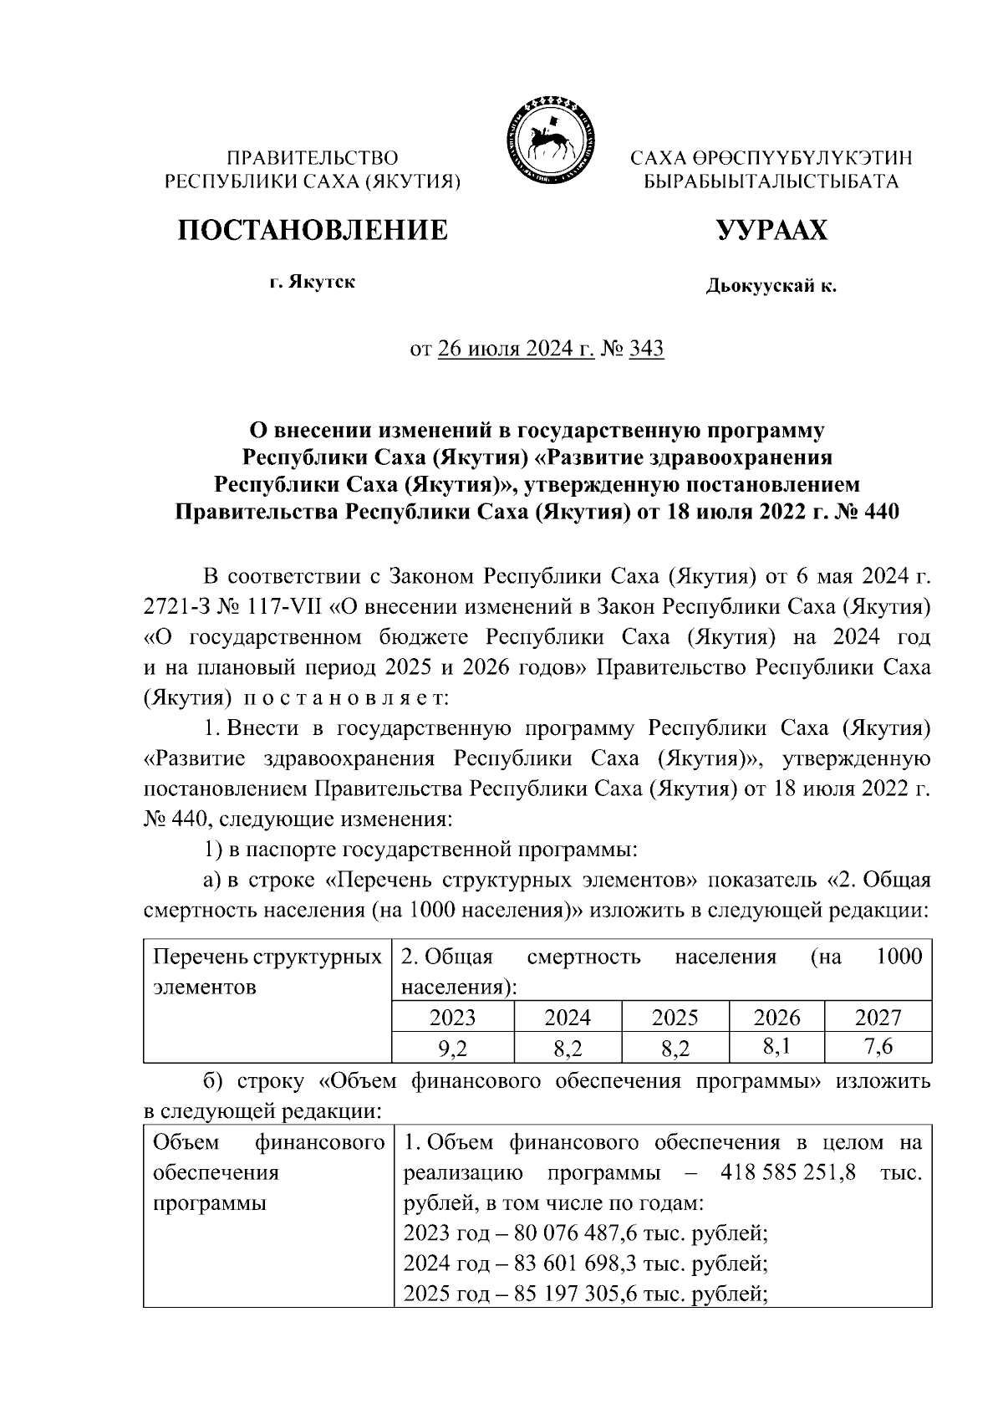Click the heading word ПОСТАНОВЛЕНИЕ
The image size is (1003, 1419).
click(312, 229)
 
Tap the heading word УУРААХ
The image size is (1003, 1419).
click(771, 229)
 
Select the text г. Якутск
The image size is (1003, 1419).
click(312, 282)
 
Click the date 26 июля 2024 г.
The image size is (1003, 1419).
click(516, 349)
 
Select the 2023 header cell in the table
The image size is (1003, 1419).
click(452, 1017)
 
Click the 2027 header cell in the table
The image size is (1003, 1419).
click(878, 1017)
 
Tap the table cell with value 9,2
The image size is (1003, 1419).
click(452, 1047)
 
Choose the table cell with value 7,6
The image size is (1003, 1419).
click(878, 1045)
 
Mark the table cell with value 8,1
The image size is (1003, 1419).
click(776, 1045)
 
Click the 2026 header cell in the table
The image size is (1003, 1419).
click(776, 1017)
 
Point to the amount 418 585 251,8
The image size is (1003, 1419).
click(787, 1172)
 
